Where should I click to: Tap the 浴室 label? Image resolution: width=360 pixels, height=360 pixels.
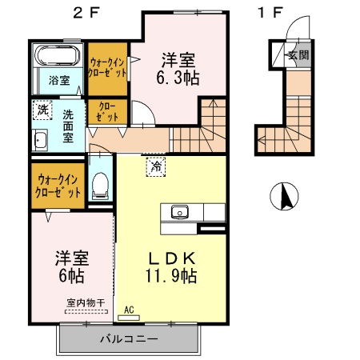pyautogui.click(x=58, y=81)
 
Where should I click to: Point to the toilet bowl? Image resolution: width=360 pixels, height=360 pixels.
pyautogui.click(x=101, y=186)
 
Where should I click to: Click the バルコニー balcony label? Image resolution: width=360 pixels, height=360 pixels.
pyautogui.click(x=128, y=338)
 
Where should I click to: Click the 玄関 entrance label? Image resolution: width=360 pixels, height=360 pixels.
pyautogui.click(x=298, y=56)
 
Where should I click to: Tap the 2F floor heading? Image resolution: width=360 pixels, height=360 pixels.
pyautogui.click(x=86, y=12)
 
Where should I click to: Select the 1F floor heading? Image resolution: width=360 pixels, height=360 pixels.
pyautogui.click(x=271, y=12)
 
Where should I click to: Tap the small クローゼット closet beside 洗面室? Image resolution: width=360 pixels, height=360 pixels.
pyautogui.click(x=107, y=112)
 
